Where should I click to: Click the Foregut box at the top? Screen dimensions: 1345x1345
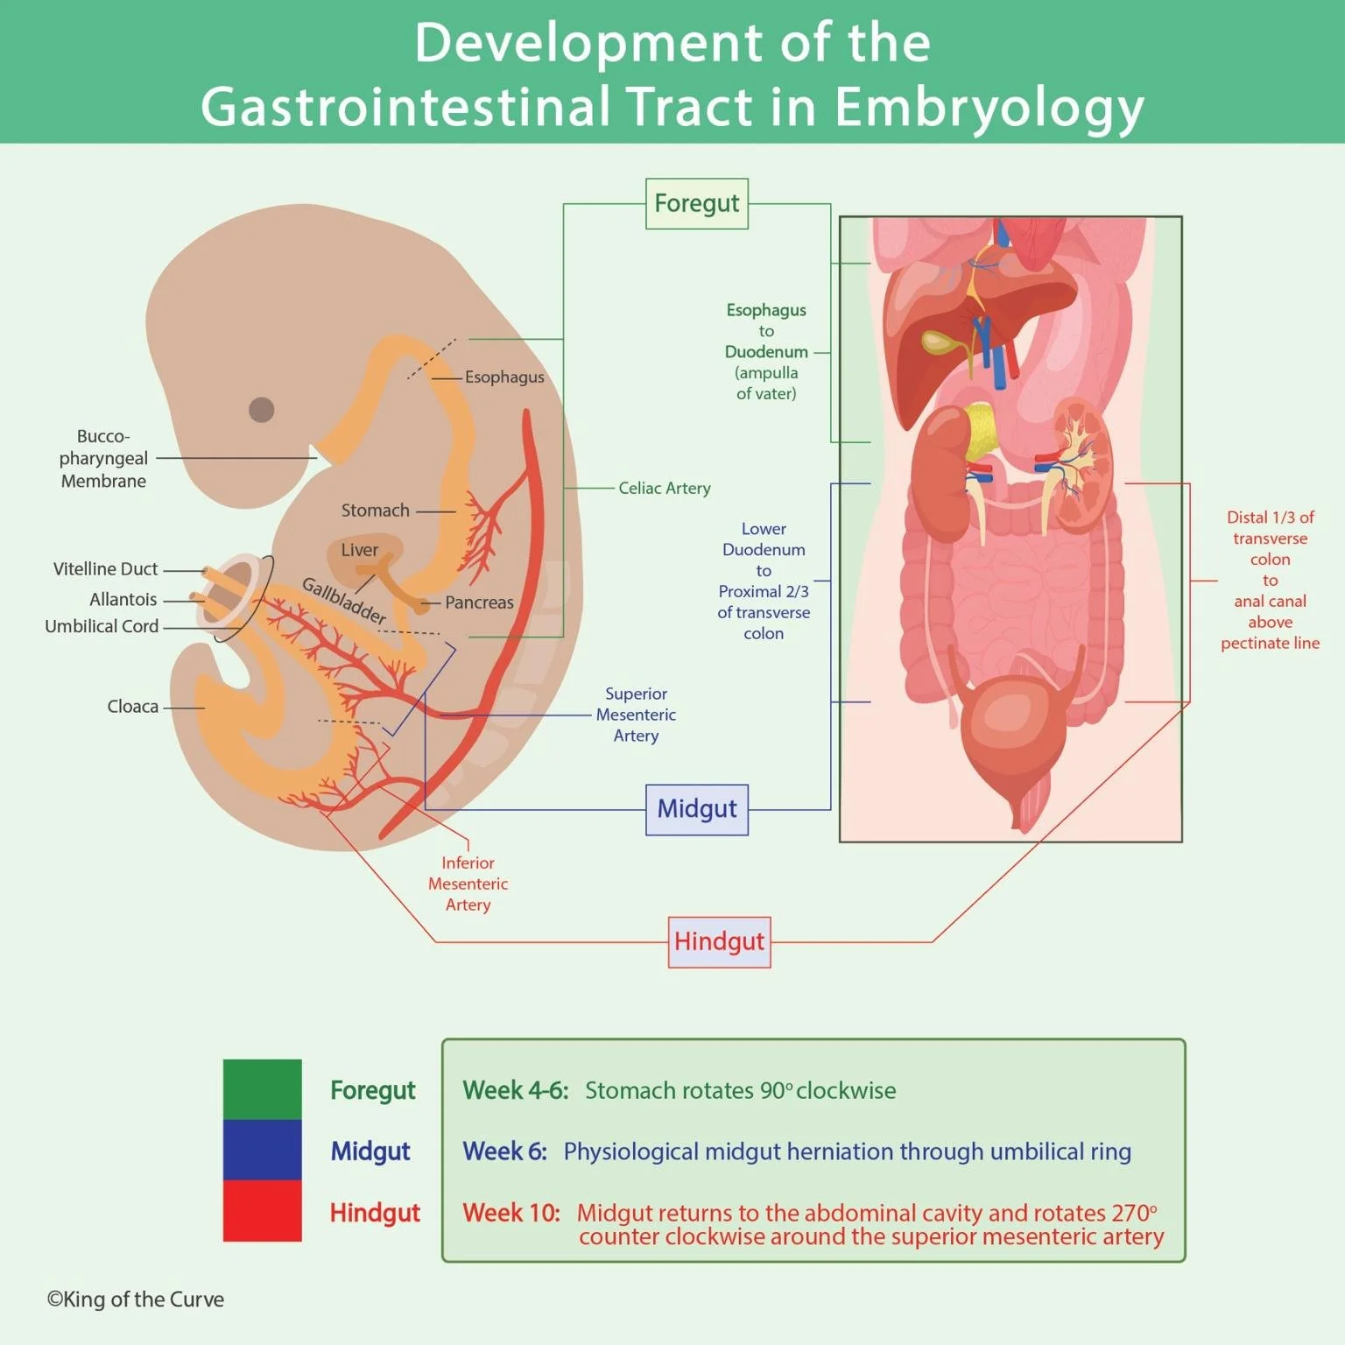(x=696, y=204)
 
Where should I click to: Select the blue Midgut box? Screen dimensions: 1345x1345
(x=696, y=809)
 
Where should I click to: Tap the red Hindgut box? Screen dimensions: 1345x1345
(x=719, y=942)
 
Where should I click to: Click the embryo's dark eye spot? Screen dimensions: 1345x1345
(x=261, y=409)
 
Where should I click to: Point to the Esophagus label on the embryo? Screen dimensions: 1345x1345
(x=504, y=377)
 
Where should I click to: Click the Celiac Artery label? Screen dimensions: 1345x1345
(x=664, y=488)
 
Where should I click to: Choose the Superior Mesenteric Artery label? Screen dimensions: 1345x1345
(x=636, y=715)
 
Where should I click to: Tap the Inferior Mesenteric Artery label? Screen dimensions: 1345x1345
(x=468, y=884)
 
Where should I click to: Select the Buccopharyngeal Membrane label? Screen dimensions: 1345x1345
(x=103, y=458)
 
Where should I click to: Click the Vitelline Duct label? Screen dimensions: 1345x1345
(x=105, y=569)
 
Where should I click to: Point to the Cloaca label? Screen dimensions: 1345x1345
(x=132, y=707)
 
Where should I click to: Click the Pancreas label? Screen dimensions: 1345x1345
(x=479, y=602)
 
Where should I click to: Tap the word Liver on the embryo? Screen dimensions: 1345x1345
(x=359, y=550)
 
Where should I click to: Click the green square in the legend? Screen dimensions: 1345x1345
(x=262, y=1089)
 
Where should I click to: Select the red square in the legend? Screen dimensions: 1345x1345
(x=262, y=1211)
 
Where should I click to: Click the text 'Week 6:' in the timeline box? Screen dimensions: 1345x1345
(x=504, y=1151)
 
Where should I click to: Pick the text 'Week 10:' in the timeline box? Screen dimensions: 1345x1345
(x=511, y=1213)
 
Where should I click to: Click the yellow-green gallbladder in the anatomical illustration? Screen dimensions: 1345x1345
(x=939, y=342)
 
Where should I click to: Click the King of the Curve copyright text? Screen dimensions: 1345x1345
(x=136, y=1299)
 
